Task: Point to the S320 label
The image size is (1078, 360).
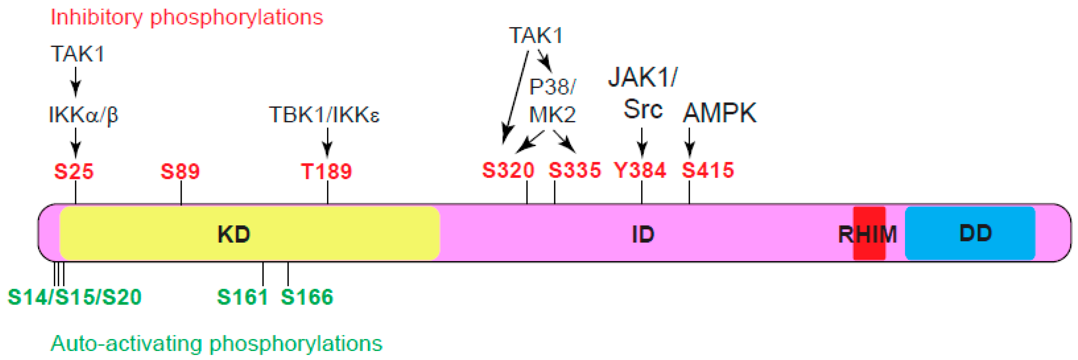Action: tap(508, 170)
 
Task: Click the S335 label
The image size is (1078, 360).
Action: tap(575, 170)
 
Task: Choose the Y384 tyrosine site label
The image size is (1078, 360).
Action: tap(640, 170)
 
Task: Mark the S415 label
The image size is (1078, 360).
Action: tap(708, 170)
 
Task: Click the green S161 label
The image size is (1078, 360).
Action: tap(242, 297)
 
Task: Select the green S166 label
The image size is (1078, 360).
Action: tap(307, 297)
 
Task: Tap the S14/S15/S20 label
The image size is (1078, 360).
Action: tap(75, 297)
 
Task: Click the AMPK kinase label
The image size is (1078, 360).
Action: tap(720, 113)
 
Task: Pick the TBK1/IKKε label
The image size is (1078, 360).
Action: tap(324, 115)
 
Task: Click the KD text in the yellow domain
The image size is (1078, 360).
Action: tap(233, 234)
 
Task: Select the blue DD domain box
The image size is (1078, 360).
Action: tap(970, 233)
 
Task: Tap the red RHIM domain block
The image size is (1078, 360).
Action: tap(869, 234)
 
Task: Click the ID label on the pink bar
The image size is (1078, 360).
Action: tap(643, 234)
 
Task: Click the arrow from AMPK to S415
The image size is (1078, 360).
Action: tap(689, 142)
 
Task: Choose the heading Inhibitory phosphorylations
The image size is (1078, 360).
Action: tap(187, 17)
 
